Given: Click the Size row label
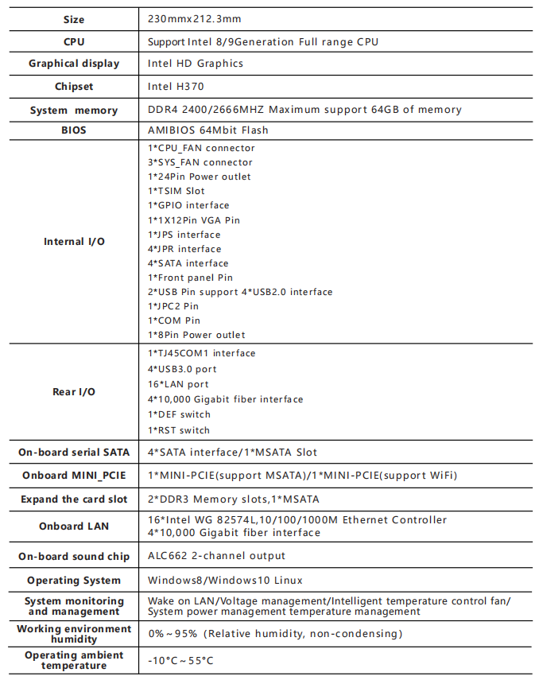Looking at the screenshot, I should point(74,20).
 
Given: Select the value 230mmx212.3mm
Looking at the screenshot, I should point(195,19).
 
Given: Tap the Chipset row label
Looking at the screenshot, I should point(74,87).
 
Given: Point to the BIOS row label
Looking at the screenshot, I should point(74,130).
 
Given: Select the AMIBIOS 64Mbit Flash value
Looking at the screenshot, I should point(208,130).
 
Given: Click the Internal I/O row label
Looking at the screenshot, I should point(74,242).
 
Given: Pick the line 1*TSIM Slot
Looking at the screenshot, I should point(176,191).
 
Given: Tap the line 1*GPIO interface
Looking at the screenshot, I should point(188,205).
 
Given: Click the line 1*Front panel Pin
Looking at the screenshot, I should point(191,278).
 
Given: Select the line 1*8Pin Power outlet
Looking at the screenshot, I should point(196,335).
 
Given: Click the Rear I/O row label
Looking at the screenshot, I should point(74,392).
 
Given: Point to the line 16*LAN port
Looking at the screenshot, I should point(178,384).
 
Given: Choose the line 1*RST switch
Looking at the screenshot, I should point(179,430).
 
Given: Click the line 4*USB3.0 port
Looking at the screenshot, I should point(182,369).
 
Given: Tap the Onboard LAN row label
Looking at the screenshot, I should point(74,527).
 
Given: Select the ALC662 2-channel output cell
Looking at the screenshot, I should point(216,556).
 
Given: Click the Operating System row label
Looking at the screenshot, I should point(74,581).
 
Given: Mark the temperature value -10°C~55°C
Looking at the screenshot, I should point(180,661).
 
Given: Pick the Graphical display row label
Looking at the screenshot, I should point(74,64).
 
